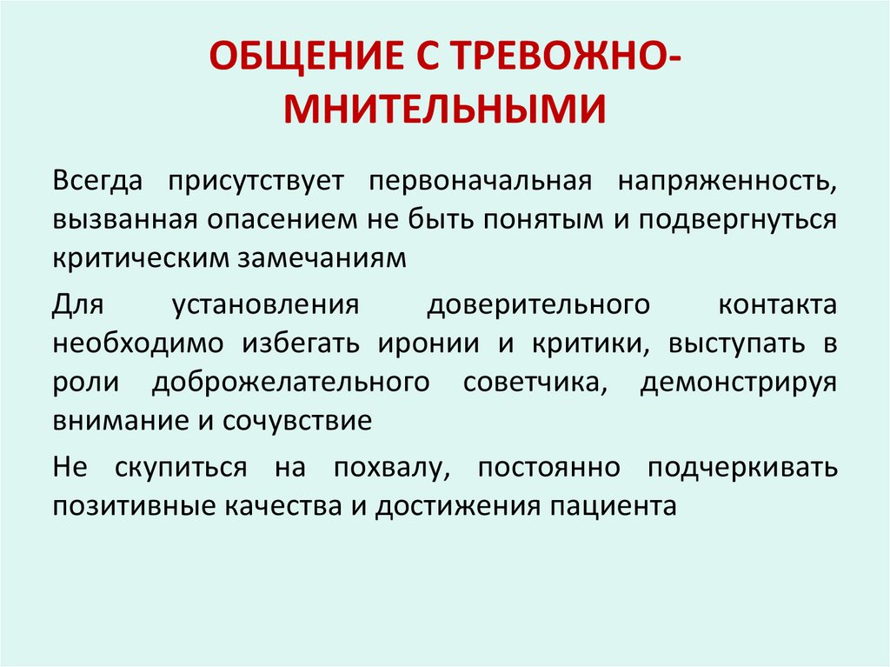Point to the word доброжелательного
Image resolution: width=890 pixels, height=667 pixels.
point(292,382)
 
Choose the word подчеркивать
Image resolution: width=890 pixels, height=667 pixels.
point(743,468)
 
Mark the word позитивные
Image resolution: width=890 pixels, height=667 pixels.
point(124,506)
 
